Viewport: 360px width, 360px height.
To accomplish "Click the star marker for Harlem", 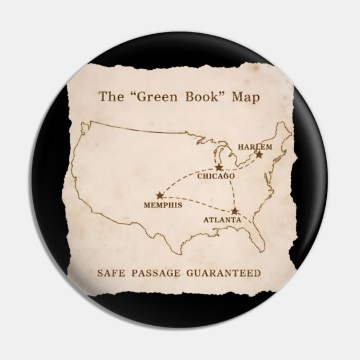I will click(259, 154).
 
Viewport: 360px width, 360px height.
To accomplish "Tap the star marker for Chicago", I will click(219, 167).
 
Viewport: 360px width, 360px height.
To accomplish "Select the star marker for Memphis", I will click(159, 195).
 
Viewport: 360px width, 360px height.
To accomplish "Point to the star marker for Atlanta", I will click(234, 211).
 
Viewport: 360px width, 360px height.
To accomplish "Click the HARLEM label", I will click(255, 147).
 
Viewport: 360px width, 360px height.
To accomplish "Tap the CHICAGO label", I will click(216, 177).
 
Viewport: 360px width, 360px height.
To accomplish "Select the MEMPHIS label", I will click(163, 205).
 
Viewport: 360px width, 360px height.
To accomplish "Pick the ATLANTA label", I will click(222, 219).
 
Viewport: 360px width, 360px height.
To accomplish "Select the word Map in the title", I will click(246, 97).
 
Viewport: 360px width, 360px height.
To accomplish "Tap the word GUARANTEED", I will click(224, 273).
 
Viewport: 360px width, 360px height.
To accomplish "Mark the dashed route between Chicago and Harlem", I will click(240, 165).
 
